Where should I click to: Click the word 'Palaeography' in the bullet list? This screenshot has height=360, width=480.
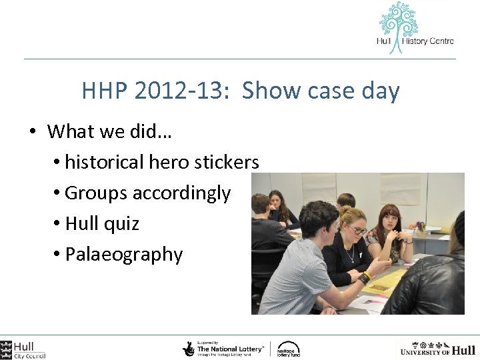(124, 255)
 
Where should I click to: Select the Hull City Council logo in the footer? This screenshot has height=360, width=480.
(24, 349)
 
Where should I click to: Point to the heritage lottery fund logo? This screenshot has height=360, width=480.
(288, 349)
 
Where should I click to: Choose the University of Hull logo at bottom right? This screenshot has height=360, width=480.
(437, 349)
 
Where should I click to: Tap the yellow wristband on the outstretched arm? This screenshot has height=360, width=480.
(365, 275)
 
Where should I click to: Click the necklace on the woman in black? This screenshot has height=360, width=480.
(349, 253)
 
